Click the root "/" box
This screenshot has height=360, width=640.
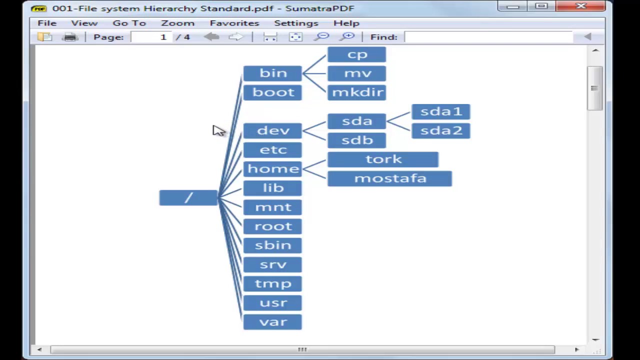pyautogui.click(x=188, y=198)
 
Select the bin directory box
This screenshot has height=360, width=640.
pyautogui.click(x=272, y=73)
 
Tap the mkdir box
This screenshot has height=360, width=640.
pyautogui.click(x=356, y=92)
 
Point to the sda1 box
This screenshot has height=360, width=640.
pyautogui.click(x=440, y=111)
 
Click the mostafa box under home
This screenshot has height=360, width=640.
pyautogui.click(x=389, y=178)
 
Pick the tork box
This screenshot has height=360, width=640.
pyautogui.click(x=383, y=159)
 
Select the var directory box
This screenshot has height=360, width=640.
pyautogui.click(x=272, y=322)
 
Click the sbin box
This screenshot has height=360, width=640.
pyautogui.click(x=272, y=245)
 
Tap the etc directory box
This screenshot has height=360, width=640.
pyautogui.click(x=272, y=150)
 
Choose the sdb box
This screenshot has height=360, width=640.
pyautogui.click(x=356, y=140)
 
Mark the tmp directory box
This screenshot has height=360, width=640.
pyautogui.click(x=272, y=284)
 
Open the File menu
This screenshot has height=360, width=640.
pyautogui.click(x=47, y=23)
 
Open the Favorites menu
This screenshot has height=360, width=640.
pyautogui.click(x=234, y=23)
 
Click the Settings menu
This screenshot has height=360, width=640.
pyautogui.click(x=296, y=23)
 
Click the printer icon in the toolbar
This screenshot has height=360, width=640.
pyautogui.click(x=70, y=37)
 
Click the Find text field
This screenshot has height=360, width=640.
pyautogui.click(x=487, y=37)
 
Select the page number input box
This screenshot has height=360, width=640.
pyautogui.click(x=150, y=37)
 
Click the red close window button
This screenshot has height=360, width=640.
pyautogui.click(x=581, y=6)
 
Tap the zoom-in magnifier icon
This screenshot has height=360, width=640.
pyautogui.click(x=347, y=37)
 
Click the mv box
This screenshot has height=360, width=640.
pyautogui.click(x=356, y=73)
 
